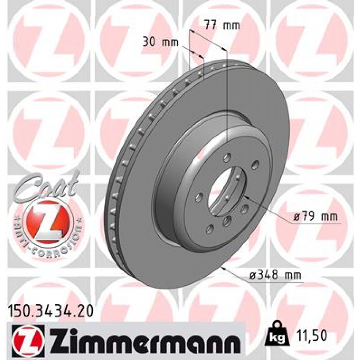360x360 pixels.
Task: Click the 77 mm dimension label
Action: (222, 25)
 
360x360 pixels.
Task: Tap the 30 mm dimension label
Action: (161, 43)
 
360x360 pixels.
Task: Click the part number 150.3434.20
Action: (50, 311)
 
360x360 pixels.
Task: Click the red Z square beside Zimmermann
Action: (28, 338)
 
